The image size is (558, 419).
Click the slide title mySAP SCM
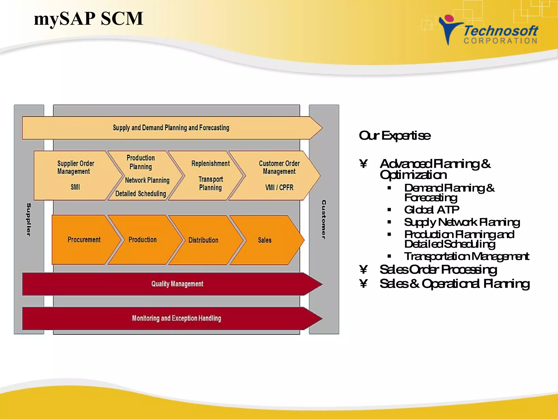coord(89,19)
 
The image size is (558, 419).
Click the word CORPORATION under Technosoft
coord(501,41)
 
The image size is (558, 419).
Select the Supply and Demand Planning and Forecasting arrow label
coord(171,128)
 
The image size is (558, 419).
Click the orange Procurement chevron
coord(84,240)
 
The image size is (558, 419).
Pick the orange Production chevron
coord(142,240)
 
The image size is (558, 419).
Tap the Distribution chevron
coord(203,240)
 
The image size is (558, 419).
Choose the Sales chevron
coord(265,240)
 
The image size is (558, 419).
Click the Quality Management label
coord(177,284)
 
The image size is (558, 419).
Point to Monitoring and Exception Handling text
coord(177,318)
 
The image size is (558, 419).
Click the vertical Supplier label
coord(29,219)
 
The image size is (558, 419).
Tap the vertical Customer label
coord(324,219)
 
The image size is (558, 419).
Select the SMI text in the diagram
coord(75,187)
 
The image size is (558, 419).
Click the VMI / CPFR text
coord(279,188)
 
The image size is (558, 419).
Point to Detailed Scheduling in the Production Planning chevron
coord(141,194)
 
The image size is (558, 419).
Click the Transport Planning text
coord(211,183)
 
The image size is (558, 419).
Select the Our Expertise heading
coord(395,136)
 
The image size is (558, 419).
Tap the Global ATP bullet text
coord(432,210)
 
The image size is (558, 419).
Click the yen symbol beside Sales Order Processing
coord(363,270)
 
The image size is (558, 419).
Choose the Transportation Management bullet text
coord(466,256)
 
